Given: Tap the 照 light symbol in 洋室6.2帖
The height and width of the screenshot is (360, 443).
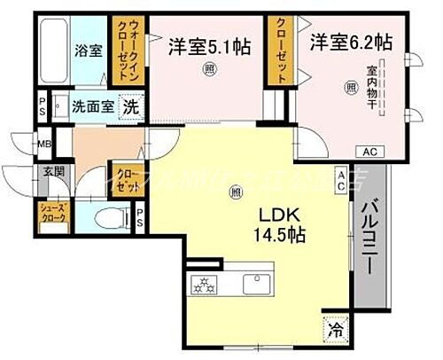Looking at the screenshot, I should (351, 86).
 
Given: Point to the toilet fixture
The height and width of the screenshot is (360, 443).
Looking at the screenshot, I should (103, 216).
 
